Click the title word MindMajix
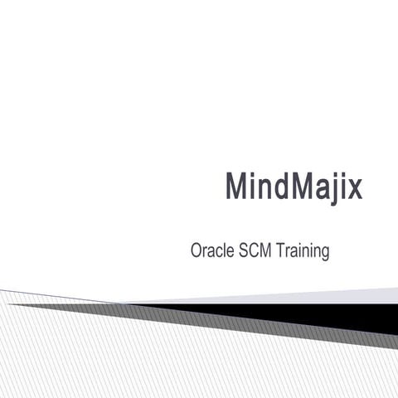pyautogui.click(x=294, y=186)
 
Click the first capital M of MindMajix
pyautogui.click(x=236, y=186)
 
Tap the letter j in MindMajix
pyautogui.click(x=328, y=187)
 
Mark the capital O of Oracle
pyautogui.click(x=197, y=250)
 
